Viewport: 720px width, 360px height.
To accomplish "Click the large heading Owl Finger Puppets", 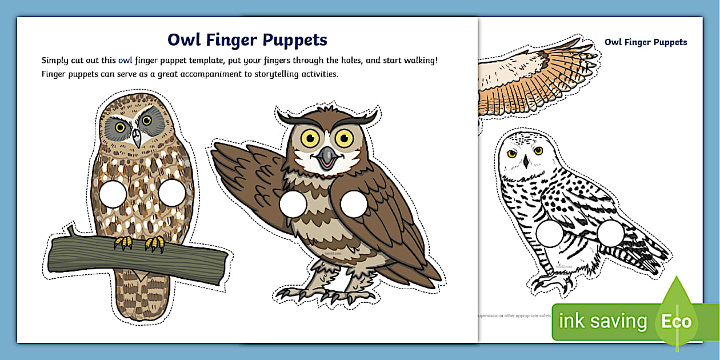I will pos(247,40).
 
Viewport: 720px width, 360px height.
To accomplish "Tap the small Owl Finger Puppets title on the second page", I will pos(646,42).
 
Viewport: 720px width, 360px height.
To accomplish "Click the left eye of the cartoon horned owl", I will pos(310,137).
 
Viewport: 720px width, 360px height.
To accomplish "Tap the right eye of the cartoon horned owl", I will pos(344,137).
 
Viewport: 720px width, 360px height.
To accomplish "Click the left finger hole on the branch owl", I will pos(112,193).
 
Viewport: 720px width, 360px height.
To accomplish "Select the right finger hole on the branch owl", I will pos(171,192).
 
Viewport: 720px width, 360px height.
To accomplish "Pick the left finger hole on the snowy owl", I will pos(550,234).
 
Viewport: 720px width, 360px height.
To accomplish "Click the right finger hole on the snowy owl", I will pos(610,234).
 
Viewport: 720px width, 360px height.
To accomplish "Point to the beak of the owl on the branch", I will pos(135,137).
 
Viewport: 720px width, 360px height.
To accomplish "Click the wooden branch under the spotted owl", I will pos(137,258).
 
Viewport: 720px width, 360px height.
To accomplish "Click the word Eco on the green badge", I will pos(676,321).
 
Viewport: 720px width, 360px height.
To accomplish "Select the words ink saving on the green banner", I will pos(602,321).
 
